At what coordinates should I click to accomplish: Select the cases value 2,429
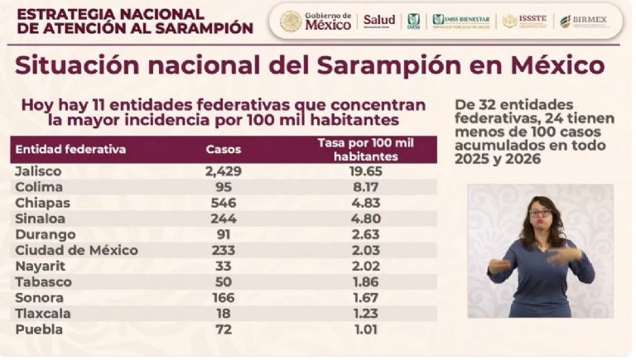[221, 171]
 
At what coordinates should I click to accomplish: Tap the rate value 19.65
[364, 171]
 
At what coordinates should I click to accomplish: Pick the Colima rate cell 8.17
[364, 187]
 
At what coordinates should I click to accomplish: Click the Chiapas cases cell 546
[221, 203]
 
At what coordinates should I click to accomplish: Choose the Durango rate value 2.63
[364, 234]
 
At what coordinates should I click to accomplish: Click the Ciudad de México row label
[76, 250]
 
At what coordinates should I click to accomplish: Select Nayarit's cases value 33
[221, 266]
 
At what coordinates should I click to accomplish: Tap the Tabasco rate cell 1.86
[364, 282]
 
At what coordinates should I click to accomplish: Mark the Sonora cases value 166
[221, 298]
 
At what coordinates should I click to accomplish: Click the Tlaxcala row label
[42, 314]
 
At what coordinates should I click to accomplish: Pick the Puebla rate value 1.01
[364, 329]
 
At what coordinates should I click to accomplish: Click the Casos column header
[222, 150]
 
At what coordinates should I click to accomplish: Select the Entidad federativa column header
[70, 150]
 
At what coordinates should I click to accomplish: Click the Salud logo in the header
[379, 21]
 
